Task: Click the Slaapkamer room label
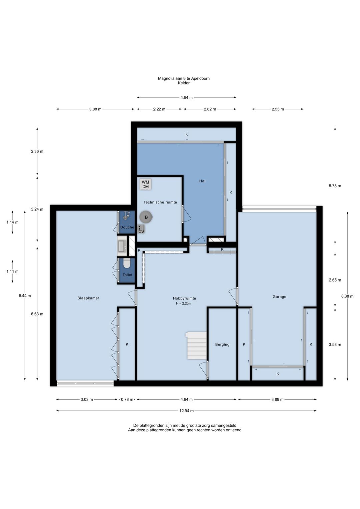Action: [x=88, y=298]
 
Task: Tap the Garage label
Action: [x=279, y=297]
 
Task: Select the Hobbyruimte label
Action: [x=184, y=298]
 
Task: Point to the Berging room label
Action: [x=222, y=345]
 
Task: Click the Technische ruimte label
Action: [x=160, y=202]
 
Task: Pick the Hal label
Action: [x=202, y=181]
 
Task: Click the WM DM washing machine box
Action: [x=145, y=184]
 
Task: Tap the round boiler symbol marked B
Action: [x=146, y=217]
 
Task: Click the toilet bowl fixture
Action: [x=127, y=264]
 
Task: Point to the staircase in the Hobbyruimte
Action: [x=196, y=346]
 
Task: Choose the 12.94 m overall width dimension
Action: [x=186, y=411]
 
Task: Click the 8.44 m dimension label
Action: [x=25, y=296]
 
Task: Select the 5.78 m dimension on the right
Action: [x=335, y=186]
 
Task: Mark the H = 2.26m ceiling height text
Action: [x=183, y=303]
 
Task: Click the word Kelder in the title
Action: [x=184, y=83]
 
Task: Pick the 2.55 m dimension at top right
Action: [x=278, y=109]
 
